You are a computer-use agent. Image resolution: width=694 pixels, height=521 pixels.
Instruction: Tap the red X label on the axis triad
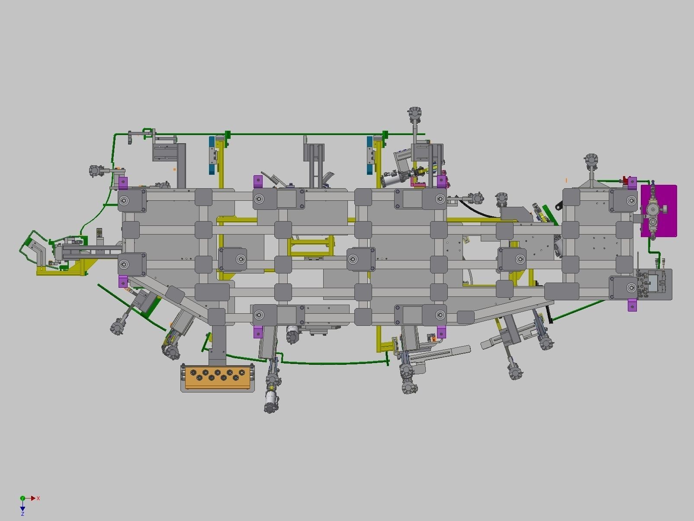(x=38, y=498)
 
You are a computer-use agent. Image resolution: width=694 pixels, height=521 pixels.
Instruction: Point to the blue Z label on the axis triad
(x=22, y=514)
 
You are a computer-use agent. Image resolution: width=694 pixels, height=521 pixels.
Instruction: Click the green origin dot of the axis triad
(x=22, y=498)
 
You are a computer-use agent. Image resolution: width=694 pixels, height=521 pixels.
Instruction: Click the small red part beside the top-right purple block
(x=625, y=179)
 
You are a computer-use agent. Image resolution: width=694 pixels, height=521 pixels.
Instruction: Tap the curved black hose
(x=480, y=210)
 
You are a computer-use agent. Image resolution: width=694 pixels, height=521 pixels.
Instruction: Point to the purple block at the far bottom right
(x=632, y=305)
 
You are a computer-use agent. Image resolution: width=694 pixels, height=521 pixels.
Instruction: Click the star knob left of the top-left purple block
(x=94, y=171)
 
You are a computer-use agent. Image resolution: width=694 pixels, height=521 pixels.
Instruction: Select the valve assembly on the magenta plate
(x=652, y=211)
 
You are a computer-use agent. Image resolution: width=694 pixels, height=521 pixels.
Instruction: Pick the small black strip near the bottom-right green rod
(x=549, y=314)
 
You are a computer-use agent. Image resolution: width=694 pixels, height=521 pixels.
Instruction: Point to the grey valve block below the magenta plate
(x=654, y=283)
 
